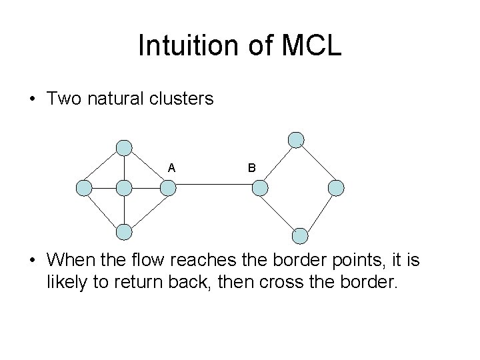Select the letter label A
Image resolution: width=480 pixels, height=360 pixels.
coord(172,168)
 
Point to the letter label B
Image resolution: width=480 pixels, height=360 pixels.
coord(251,169)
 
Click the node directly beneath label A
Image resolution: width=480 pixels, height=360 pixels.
coord(168,189)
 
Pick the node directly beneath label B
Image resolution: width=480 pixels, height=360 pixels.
coord(259,189)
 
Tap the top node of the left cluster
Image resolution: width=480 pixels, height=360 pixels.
coord(124,147)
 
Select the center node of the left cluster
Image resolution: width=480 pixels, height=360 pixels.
coord(124,189)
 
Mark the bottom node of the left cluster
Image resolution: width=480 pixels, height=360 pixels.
coord(124,231)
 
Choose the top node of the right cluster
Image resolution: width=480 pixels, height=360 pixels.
coord(296,139)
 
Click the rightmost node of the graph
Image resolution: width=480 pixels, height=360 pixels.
coord(337,188)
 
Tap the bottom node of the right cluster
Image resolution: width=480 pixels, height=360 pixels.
coord(301,235)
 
